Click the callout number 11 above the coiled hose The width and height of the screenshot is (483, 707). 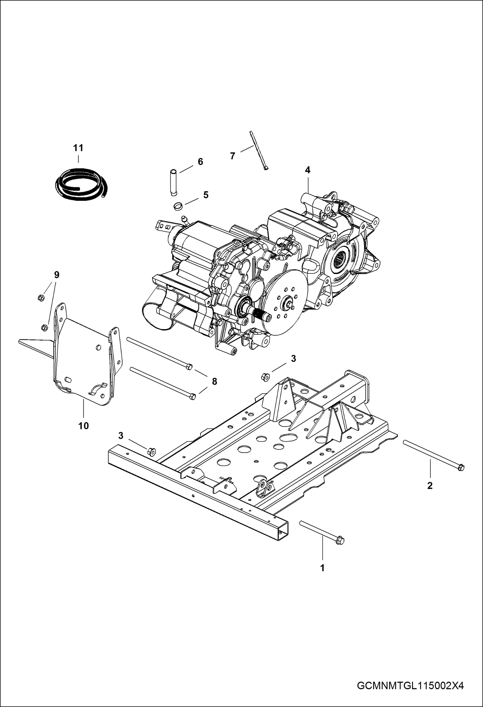pos(78,148)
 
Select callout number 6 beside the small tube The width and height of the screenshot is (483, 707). pos(200,162)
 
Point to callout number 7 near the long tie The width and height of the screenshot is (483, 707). pos(232,156)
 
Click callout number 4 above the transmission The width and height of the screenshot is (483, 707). pos(308,170)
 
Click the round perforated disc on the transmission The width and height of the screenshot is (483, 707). pos(284,300)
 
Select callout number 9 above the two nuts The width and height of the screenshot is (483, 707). pos(56,275)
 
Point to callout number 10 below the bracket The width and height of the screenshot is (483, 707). pos(83,426)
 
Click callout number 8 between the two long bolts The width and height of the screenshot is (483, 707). pos(214,381)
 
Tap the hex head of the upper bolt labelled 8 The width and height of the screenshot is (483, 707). pos(190,366)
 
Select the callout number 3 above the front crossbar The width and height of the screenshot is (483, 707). pos(121,436)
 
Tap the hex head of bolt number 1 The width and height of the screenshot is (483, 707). pos(340,540)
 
